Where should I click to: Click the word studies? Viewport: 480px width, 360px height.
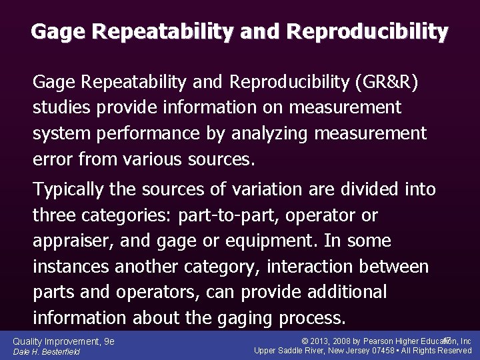click(59, 107)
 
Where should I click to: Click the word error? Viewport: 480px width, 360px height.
click(53, 158)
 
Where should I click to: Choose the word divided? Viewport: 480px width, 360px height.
click(367, 189)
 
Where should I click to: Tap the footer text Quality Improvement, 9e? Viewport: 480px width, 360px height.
click(63, 341)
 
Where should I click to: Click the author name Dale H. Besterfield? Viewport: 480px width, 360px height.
click(47, 351)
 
